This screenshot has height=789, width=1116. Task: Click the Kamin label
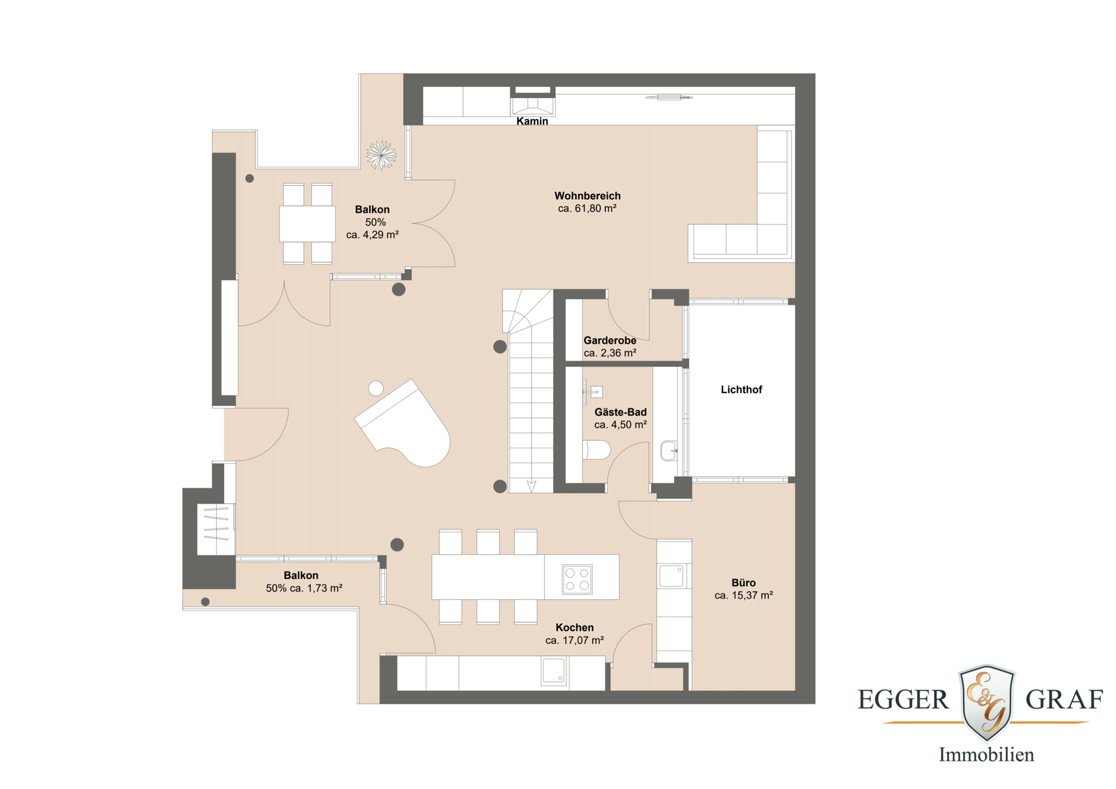click(532, 121)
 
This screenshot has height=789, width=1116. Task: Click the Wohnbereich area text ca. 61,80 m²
click(587, 209)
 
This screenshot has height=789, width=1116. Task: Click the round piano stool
click(376, 388)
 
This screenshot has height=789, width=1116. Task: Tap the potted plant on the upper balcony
click(381, 155)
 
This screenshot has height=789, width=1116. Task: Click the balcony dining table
click(307, 223)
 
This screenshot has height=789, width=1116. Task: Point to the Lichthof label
click(741, 389)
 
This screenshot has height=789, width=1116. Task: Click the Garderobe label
click(609, 340)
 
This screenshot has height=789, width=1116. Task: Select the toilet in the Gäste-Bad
click(597, 449)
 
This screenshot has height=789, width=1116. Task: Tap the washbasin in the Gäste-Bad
click(668, 450)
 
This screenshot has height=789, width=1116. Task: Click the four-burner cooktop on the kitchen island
click(577, 579)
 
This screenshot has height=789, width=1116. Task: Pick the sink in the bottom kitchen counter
click(554, 670)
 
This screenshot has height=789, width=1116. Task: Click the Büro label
click(743, 583)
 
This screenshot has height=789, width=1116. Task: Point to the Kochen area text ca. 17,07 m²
click(574, 641)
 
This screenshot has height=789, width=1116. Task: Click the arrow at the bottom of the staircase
click(531, 486)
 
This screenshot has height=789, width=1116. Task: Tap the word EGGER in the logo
click(903, 700)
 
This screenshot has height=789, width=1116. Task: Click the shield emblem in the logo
click(987, 702)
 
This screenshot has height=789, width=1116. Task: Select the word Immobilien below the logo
click(986, 754)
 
